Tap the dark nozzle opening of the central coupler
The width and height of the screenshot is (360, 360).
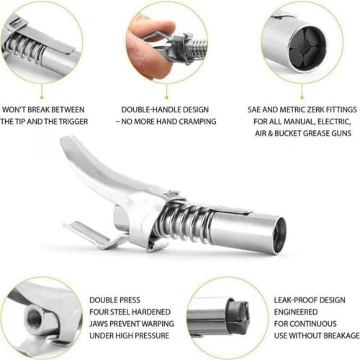279,235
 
